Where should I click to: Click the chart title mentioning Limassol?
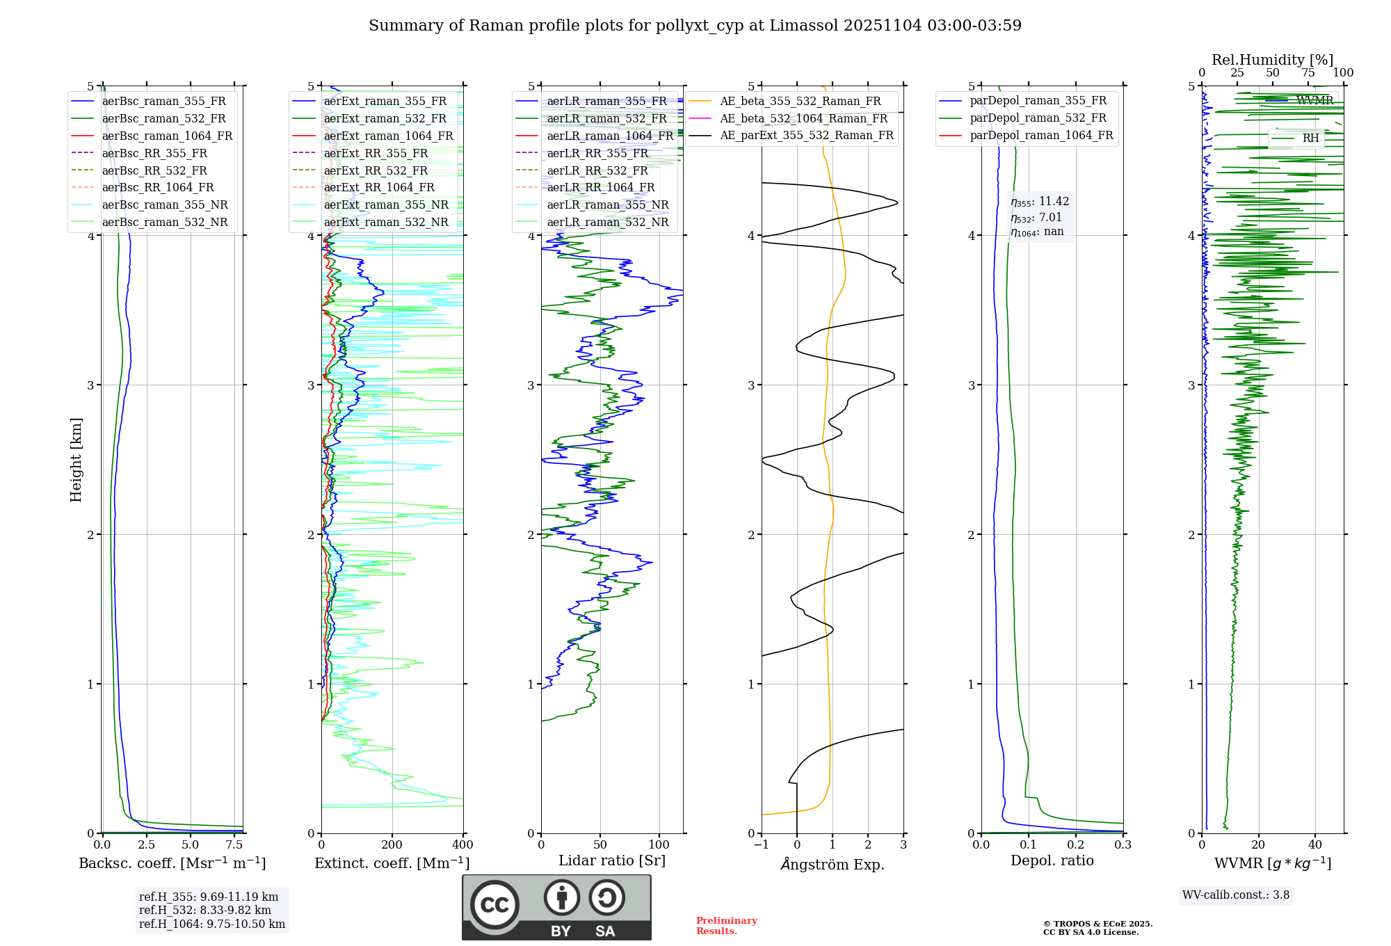[695, 26]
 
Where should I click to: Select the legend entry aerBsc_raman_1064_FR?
[167, 136]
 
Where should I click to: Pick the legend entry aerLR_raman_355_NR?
[607, 205]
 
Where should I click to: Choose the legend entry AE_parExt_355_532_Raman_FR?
[806, 135]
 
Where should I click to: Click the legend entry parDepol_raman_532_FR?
[1038, 118]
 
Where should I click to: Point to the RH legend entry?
[1310, 138]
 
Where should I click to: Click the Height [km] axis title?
[76, 459]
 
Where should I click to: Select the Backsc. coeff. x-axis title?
[172, 863]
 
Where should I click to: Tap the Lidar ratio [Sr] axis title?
[611, 860]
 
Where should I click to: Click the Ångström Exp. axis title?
[832, 864]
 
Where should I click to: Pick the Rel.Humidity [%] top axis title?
[1272, 60]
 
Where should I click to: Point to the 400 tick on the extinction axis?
[463, 844]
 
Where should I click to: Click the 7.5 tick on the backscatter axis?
[234, 844]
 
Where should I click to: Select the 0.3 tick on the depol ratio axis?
[1123, 844]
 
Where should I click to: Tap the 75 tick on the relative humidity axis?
[1308, 73]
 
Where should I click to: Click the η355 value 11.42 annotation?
[1040, 202]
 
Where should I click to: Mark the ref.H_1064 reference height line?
[212, 924]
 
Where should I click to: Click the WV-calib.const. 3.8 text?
[1235, 895]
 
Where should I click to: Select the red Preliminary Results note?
[726, 925]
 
